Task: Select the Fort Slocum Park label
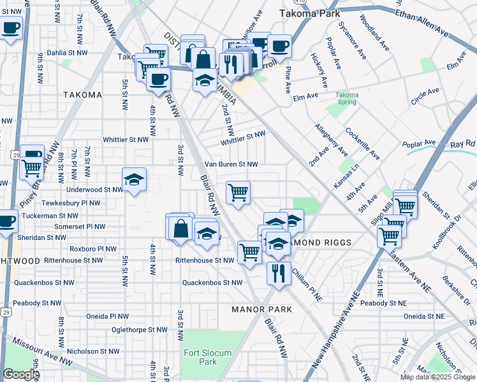[x=200, y=357]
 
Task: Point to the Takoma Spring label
[x=348, y=99]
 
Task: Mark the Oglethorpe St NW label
[x=139, y=330]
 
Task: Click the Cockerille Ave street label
[x=362, y=144]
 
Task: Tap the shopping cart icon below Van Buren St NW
[x=238, y=191]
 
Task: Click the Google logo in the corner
[x=21, y=374]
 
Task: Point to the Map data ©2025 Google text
[x=437, y=377]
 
